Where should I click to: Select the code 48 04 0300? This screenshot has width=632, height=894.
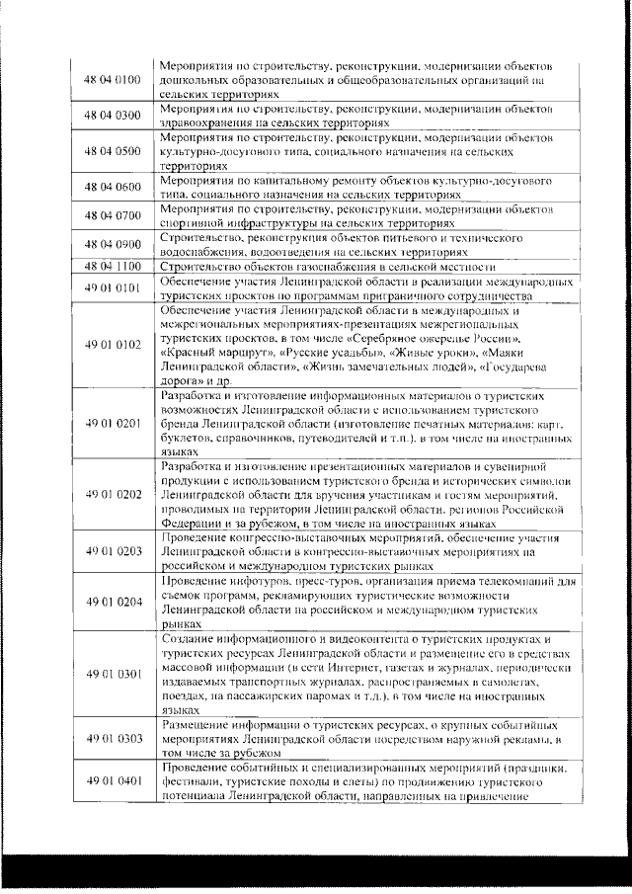click(x=114, y=115)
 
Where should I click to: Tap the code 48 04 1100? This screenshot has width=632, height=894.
click(x=114, y=267)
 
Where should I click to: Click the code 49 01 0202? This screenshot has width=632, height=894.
click(x=114, y=493)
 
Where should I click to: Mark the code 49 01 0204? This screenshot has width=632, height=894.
click(x=114, y=601)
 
